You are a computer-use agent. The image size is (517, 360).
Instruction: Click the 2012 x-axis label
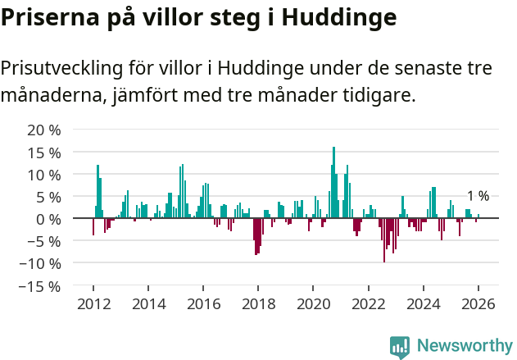click(x=93, y=304)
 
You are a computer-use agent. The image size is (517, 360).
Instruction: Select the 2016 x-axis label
click(x=203, y=304)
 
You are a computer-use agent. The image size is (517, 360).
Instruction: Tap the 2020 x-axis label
click(x=313, y=304)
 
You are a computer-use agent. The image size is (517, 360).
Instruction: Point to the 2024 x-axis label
click(x=424, y=304)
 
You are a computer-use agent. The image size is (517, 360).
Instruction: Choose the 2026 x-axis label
click(x=478, y=304)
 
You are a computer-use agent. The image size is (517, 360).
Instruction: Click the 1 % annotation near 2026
click(x=478, y=196)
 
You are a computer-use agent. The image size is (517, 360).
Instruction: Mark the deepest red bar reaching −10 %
click(x=384, y=240)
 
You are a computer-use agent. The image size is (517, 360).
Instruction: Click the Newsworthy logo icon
click(x=400, y=347)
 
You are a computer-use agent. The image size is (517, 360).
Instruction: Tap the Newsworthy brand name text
click(x=464, y=346)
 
